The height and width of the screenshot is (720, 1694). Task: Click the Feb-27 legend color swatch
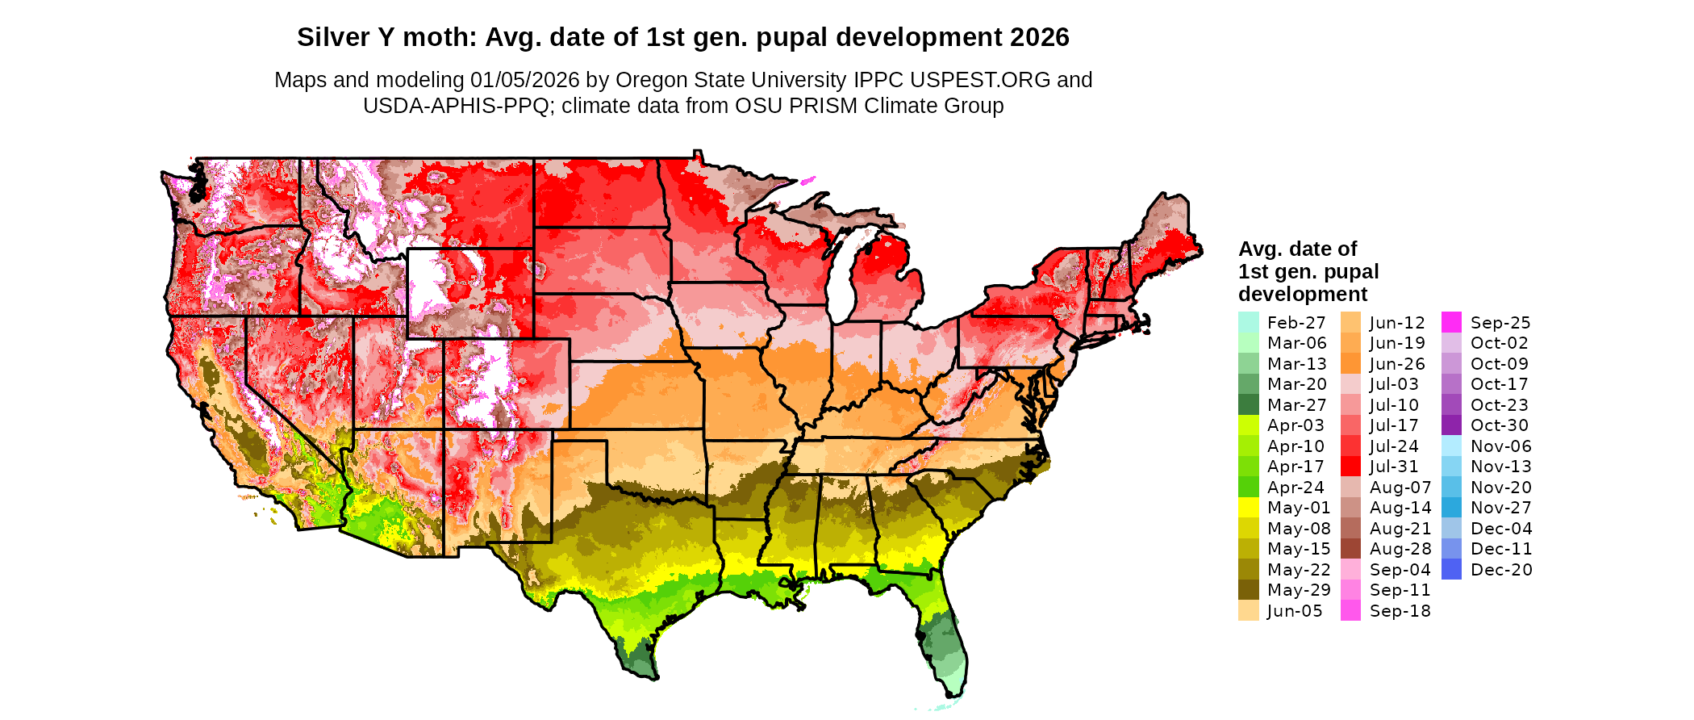1248,322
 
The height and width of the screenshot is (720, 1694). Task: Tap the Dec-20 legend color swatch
1451,570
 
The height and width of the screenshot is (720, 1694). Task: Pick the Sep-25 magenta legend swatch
1451,322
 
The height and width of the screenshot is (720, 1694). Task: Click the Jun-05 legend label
1295,611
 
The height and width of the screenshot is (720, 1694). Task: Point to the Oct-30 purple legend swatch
1451,425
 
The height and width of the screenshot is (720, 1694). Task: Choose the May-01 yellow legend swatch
1248,508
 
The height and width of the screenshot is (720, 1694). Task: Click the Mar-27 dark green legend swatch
1248,405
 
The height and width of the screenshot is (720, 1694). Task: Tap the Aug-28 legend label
1400,549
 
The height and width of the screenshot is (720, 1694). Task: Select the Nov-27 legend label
1501,508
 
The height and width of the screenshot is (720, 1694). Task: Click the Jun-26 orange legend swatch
1350,364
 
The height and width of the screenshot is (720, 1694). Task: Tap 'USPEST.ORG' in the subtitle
980,80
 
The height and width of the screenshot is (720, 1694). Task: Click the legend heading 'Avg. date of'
1297,249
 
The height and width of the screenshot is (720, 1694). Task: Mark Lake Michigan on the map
842,274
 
